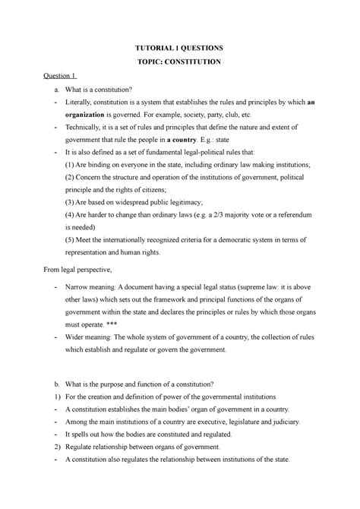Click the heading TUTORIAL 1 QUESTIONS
point(180,47)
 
